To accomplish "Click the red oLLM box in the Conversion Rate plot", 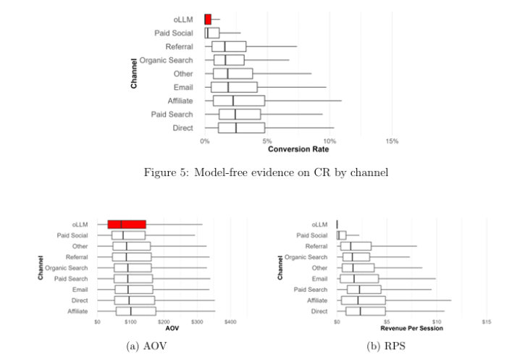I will tap(208, 19).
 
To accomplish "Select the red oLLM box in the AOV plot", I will tap(127, 225).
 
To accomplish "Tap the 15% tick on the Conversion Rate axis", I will tap(392, 141).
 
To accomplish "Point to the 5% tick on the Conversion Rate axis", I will tap(267, 141).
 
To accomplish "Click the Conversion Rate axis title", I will tap(298, 149).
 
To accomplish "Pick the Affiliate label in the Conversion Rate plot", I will tap(178, 101).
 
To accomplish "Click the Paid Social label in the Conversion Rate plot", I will tap(174, 33).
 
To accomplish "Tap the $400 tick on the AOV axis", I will tap(230, 321).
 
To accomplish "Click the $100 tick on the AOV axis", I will tap(130, 321).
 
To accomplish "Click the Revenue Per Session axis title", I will tap(413, 328).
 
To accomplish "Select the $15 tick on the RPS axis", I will tap(486, 321).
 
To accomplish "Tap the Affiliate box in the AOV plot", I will tap(135, 311).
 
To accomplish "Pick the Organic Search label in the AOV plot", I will tap(67, 268).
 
